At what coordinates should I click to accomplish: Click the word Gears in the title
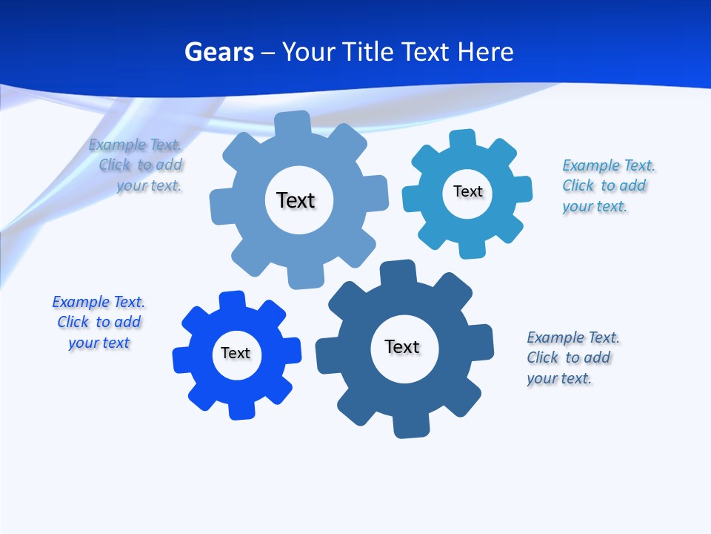pyautogui.click(x=218, y=52)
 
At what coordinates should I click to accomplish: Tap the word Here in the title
pyautogui.click(x=485, y=52)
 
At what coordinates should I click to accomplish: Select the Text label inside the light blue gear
pyautogui.click(x=296, y=200)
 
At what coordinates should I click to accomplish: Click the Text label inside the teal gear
pyautogui.click(x=467, y=191)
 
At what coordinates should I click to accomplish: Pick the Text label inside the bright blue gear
pyautogui.click(x=236, y=353)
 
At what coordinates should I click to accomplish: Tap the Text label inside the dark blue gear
pyautogui.click(x=402, y=346)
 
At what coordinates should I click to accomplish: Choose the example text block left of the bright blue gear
pyautogui.click(x=99, y=322)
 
